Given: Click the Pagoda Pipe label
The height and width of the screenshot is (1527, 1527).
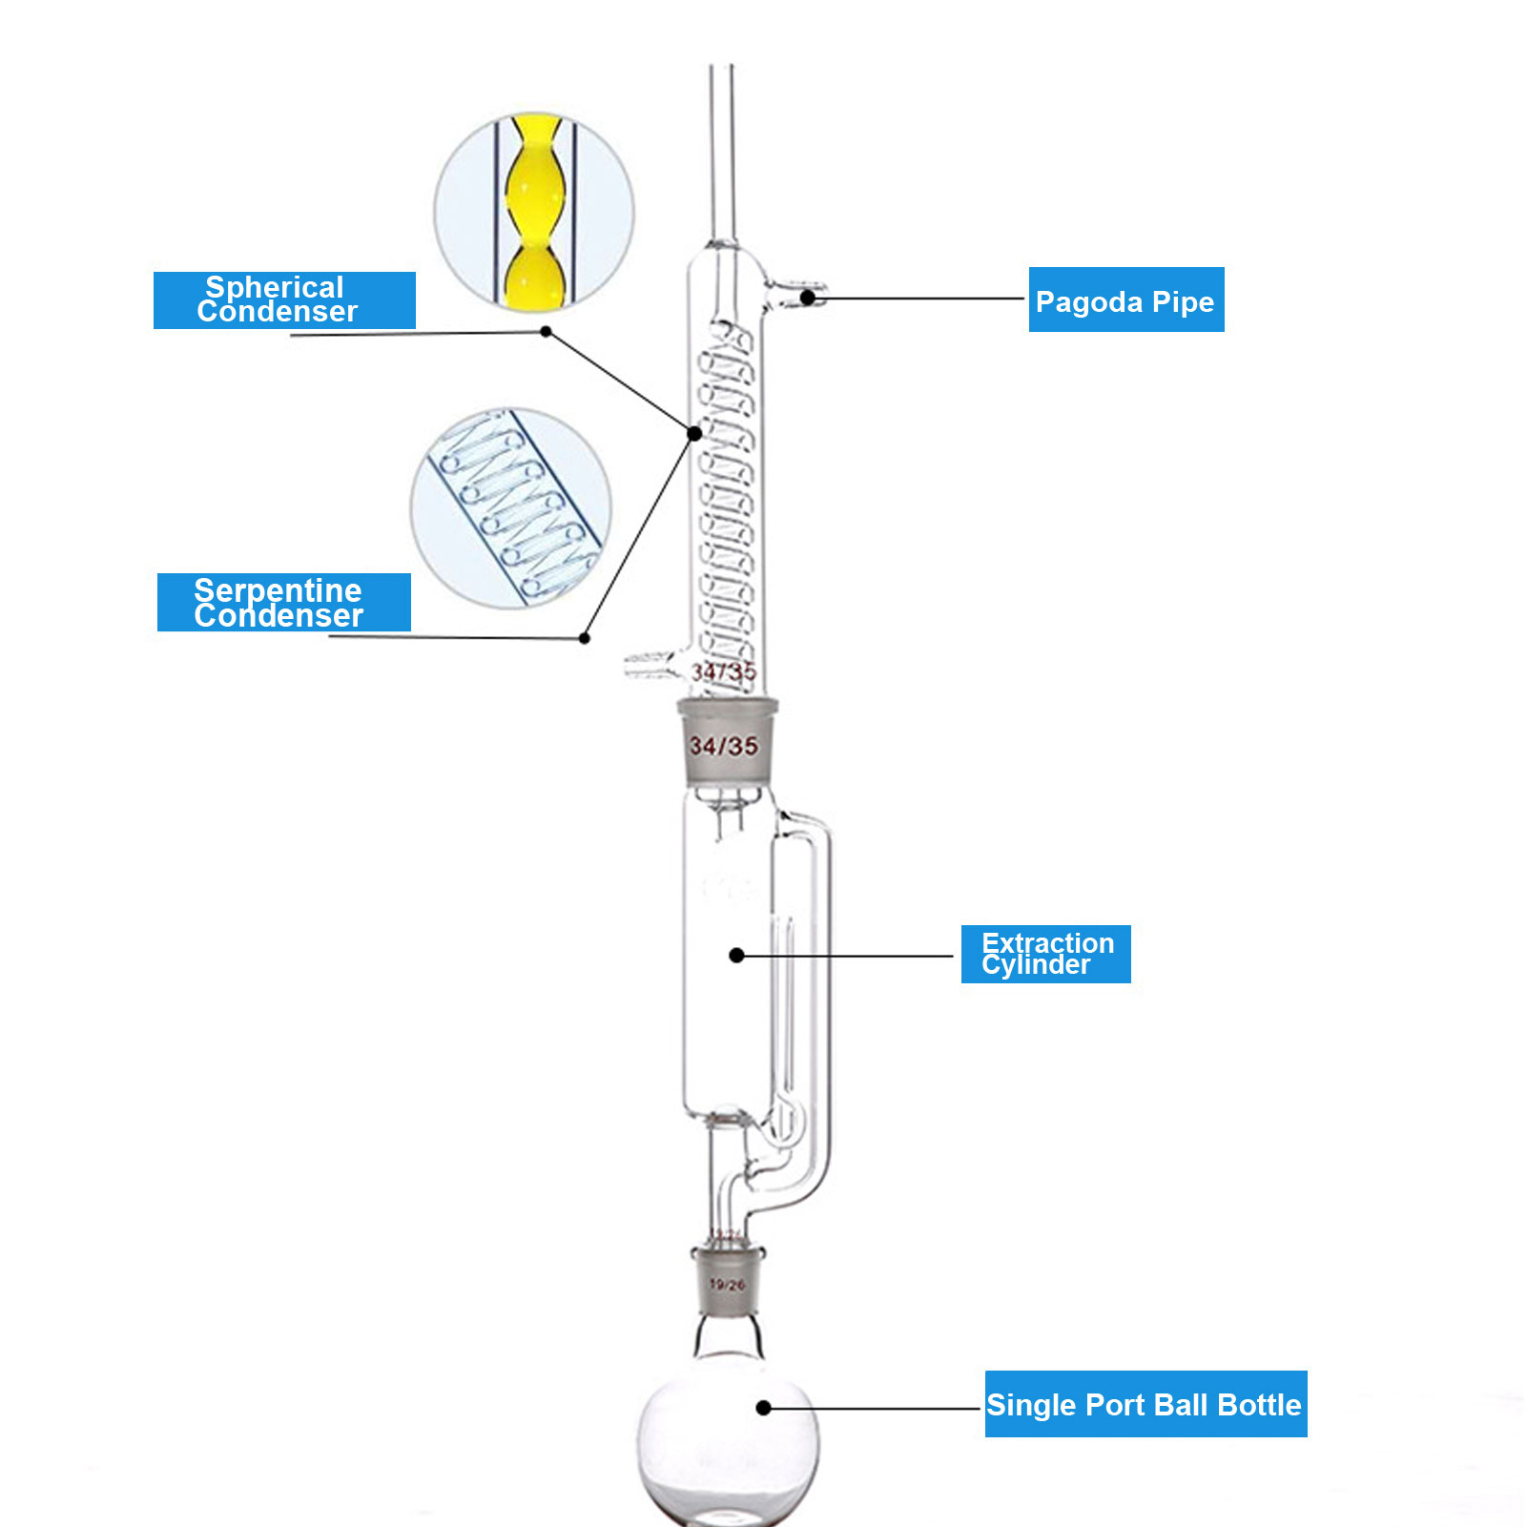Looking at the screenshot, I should tap(1125, 300).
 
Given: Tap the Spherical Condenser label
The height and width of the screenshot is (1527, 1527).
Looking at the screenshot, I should tap(284, 300).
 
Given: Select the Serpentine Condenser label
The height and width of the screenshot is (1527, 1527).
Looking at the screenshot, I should tap(283, 602).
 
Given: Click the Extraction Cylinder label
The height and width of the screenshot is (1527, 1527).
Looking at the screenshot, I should tap(1045, 954).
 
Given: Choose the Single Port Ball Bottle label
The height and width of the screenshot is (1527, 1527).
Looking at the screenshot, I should tap(1145, 1404).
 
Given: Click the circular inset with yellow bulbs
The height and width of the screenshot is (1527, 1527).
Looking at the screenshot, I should tap(534, 212).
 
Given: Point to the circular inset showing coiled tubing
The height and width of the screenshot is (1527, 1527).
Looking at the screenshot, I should tap(510, 508).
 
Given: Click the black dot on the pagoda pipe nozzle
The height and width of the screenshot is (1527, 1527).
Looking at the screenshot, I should tap(807, 298).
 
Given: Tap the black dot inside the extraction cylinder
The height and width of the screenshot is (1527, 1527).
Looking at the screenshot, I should tap(736, 955).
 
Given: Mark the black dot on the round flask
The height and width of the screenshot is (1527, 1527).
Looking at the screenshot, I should tap(763, 1408).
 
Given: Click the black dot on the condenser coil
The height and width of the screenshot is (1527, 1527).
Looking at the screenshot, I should tap(695, 433).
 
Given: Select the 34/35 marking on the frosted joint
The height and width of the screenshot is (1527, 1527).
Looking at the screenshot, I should tap(724, 746).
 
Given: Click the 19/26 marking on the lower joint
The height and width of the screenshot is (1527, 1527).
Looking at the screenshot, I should tap(727, 1285).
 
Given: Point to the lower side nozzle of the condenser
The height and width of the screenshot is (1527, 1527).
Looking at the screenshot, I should tap(650, 664).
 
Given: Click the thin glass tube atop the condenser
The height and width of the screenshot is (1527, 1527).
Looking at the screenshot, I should tap(722, 153).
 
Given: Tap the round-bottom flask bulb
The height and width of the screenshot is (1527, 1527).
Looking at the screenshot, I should tap(727, 1440).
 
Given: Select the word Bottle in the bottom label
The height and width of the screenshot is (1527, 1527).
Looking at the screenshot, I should tap(1259, 1404).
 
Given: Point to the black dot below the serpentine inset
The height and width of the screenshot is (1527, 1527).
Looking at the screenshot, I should tap(585, 638).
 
